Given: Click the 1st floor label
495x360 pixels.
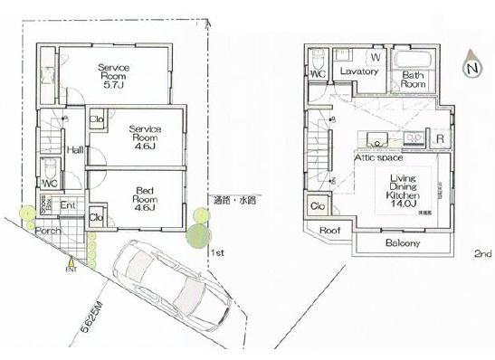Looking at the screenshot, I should click(217, 253).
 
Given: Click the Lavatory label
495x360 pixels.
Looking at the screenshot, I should click(358, 71).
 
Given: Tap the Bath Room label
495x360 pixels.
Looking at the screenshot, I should click(414, 81).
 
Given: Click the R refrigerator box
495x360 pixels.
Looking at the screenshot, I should click(439, 138).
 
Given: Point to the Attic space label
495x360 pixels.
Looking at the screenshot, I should click(377, 156).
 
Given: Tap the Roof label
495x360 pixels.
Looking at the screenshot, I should click(330, 231).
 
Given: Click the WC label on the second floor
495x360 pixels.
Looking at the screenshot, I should click(318, 76).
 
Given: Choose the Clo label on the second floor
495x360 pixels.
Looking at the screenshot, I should click(318, 207).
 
